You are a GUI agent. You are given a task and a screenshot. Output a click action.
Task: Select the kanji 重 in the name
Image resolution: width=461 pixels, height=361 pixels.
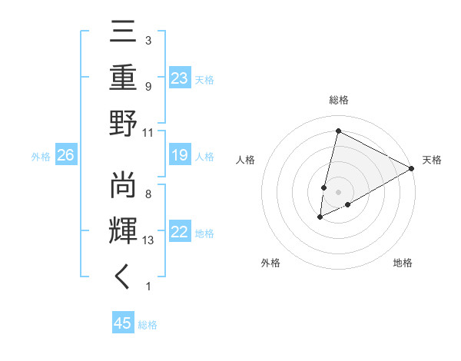123,78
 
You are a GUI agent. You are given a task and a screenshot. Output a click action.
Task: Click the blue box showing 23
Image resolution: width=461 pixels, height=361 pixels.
180,78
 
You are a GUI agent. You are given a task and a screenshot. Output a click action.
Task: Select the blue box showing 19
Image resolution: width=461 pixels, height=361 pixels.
180,156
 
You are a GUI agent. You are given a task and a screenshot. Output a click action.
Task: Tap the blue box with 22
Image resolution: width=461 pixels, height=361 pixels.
180,233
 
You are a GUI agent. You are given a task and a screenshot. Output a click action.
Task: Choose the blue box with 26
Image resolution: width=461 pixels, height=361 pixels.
66,156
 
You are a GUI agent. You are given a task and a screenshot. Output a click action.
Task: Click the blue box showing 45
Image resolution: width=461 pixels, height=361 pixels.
123,323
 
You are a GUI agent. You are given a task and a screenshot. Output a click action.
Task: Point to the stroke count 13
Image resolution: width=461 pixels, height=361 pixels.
148,241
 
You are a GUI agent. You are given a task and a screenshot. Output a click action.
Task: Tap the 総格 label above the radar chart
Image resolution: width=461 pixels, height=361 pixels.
338,101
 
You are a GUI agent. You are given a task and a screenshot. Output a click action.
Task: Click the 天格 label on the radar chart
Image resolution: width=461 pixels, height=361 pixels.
432,160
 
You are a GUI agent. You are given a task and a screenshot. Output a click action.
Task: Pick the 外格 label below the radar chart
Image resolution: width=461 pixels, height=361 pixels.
270,263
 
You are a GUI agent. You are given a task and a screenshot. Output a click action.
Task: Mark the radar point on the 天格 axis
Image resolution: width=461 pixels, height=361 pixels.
412,168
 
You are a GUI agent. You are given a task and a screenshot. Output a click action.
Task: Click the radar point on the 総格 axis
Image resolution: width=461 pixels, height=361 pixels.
338,131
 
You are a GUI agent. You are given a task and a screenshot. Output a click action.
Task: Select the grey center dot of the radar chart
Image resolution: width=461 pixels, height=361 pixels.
338,191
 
